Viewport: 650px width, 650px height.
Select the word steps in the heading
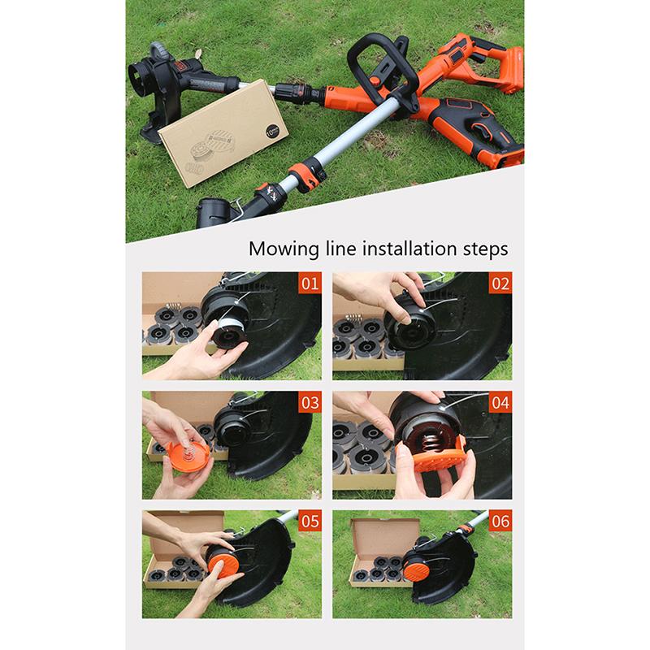pyautogui.click(x=485, y=248)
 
